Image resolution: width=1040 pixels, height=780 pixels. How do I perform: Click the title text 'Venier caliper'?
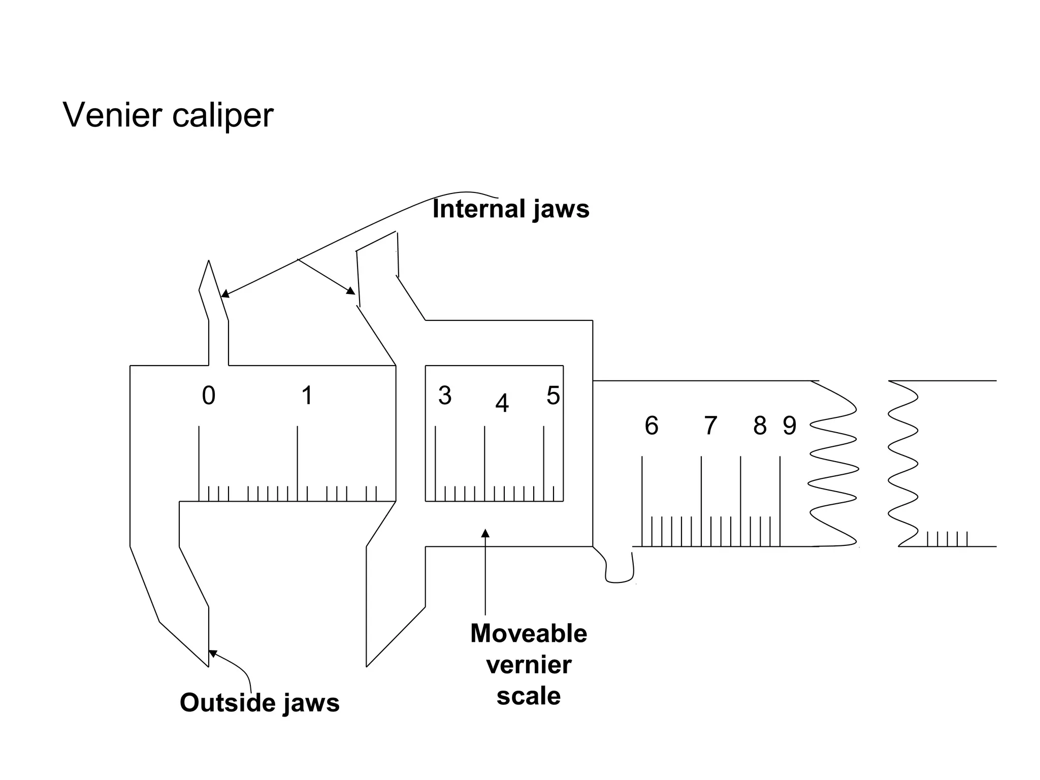[x=168, y=115]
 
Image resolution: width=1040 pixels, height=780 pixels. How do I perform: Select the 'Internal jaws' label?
[x=510, y=209]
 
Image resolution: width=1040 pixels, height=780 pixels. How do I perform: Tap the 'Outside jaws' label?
[x=259, y=703]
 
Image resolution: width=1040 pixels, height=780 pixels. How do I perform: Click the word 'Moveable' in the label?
[x=528, y=633]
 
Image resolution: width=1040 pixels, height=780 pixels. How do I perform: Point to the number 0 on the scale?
[x=209, y=396]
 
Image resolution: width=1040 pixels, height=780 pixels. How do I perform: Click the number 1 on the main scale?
[x=307, y=396]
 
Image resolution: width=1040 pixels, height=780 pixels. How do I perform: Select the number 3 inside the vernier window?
[x=445, y=396]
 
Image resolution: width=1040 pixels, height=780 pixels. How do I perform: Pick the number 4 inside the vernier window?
[x=502, y=404]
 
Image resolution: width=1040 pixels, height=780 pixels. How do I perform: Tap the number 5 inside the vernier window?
[x=553, y=396]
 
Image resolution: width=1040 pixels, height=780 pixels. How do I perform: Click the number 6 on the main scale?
[x=651, y=426]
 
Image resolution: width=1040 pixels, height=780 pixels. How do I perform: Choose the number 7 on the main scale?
[x=710, y=426]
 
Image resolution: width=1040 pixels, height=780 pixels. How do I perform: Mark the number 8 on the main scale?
[x=760, y=426]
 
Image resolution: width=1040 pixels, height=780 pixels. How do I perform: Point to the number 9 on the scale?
[x=789, y=426]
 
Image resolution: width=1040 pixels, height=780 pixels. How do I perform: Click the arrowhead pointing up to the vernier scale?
[x=485, y=533]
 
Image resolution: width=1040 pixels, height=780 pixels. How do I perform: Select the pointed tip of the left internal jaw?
[x=209, y=262]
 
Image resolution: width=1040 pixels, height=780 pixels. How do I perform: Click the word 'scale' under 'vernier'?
[x=528, y=696]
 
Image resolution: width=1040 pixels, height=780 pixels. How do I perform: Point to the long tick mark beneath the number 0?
[x=199, y=457]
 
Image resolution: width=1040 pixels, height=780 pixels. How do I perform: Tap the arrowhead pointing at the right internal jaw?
[x=351, y=291]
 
